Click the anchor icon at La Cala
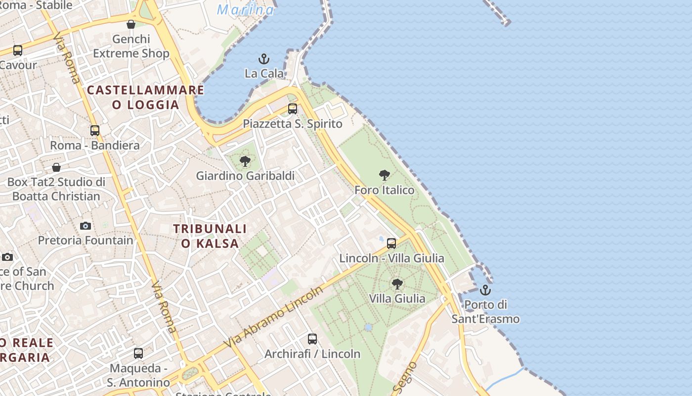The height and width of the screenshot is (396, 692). click(264, 59)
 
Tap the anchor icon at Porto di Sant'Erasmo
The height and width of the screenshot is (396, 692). click(485, 290)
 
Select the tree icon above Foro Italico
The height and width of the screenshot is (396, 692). click(384, 175)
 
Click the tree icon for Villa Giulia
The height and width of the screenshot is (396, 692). click(397, 284)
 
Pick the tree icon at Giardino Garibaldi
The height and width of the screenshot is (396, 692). click(245, 161)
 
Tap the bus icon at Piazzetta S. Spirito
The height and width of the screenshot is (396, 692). click(293, 109)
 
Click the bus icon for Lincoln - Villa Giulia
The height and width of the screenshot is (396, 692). click(391, 244)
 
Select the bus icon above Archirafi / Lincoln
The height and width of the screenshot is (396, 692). click(312, 339)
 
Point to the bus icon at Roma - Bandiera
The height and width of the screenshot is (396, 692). click(95, 131)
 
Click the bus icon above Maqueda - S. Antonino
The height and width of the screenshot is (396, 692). click(138, 353)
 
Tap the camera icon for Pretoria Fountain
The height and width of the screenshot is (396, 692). click(86, 226)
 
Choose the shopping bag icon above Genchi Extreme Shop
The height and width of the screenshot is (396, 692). click(131, 24)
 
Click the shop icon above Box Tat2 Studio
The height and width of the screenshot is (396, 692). click(56, 167)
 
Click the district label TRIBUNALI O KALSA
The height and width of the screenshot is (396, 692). click(210, 236)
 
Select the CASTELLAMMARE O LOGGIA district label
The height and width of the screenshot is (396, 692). click(145, 97)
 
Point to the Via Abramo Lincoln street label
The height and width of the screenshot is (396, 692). click(273, 317)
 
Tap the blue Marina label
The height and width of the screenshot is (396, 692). click(245, 10)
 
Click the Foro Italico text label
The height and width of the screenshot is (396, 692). click(385, 190)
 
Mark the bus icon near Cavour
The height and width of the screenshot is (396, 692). click(18, 50)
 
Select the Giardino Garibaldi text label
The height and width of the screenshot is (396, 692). click(245, 176)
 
